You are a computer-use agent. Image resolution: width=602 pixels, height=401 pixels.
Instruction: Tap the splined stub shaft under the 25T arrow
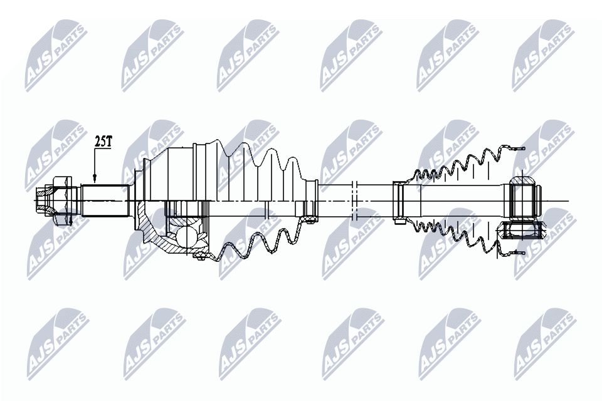click(x=105, y=200)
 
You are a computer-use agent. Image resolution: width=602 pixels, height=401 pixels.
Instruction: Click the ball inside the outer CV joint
click(x=186, y=236)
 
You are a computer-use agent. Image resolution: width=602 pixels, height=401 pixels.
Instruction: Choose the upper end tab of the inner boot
click(x=515, y=149)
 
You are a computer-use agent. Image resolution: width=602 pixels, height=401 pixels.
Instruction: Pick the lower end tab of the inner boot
click(x=515, y=253)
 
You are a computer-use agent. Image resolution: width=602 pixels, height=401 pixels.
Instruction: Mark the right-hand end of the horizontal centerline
click(x=566, y=200)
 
